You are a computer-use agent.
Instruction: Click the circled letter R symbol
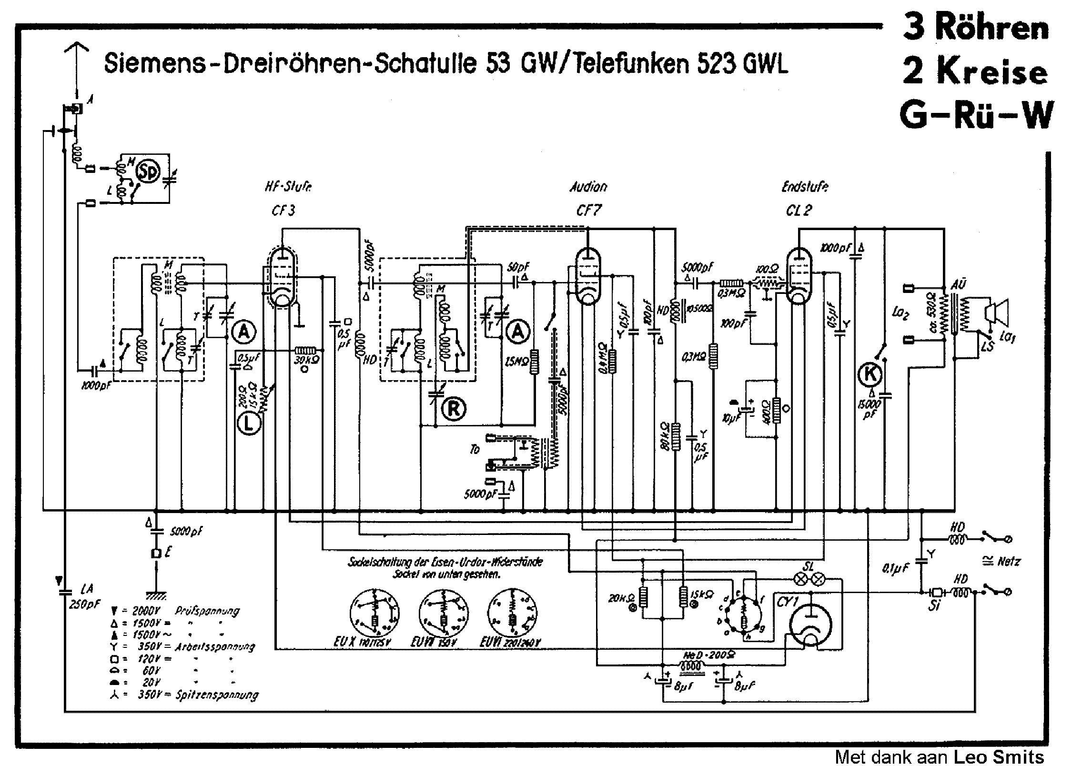pyautogui.click(x=453, y=409)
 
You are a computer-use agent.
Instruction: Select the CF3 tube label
pyautogui.click(x=283, y=210)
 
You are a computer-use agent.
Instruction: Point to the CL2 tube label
pyautogui.click(x=799, y=210)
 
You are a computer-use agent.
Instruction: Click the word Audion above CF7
pyautogui.click(x=588, y=187)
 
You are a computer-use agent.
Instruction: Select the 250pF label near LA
pyautogui.click(x=85, y=605)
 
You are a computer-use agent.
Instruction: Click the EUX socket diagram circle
pyautogui.click(x=374, y=613)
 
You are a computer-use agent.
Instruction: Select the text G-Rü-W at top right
pyautogui.click(x=976, y=115)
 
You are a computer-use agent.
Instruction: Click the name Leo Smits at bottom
pyautogui.click(x=999, y=756)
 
